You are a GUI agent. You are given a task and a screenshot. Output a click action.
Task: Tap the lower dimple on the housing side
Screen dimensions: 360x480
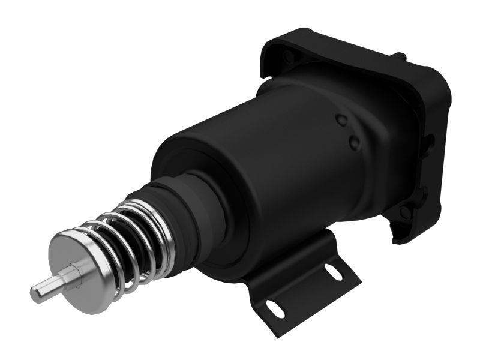pos(354,142)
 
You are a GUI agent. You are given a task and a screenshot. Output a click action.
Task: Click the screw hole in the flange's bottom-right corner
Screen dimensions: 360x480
pos(406,212)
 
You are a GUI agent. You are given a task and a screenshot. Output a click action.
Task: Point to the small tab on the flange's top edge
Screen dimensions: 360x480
pos(399,57)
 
